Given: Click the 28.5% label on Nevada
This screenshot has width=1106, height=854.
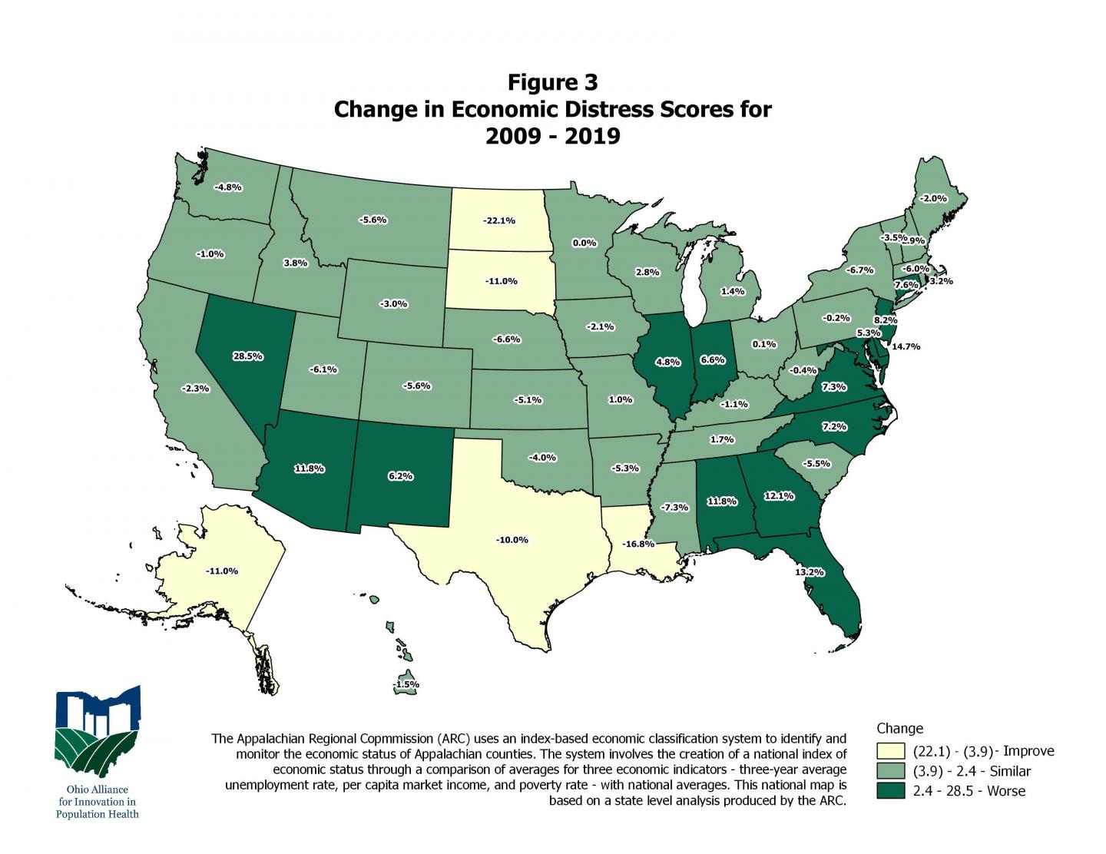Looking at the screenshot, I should tap(248, 356).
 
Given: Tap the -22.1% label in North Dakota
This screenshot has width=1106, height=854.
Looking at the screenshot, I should tap(499, 221).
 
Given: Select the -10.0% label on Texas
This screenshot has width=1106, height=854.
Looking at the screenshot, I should tap(512, 540).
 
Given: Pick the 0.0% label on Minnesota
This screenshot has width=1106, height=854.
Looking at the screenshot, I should tap(584, 243).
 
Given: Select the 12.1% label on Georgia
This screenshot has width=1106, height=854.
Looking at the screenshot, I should tap(778, 496).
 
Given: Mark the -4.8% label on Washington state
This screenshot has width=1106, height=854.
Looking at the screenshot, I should tap(227, 187).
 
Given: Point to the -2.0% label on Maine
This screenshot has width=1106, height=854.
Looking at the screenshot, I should tap(934, 198).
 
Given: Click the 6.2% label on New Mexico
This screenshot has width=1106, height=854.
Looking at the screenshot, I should tap(400, 476).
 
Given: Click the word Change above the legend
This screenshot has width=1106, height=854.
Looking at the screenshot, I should tap(899, 729).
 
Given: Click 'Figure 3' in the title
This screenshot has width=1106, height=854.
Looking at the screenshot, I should tap(552, 82).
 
